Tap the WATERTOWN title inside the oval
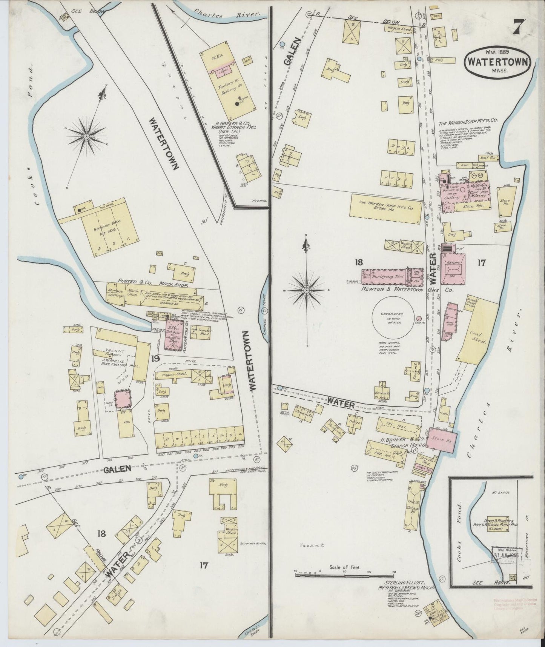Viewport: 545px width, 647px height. coord(499,62)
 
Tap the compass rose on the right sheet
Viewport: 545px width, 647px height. coord(306,290)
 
